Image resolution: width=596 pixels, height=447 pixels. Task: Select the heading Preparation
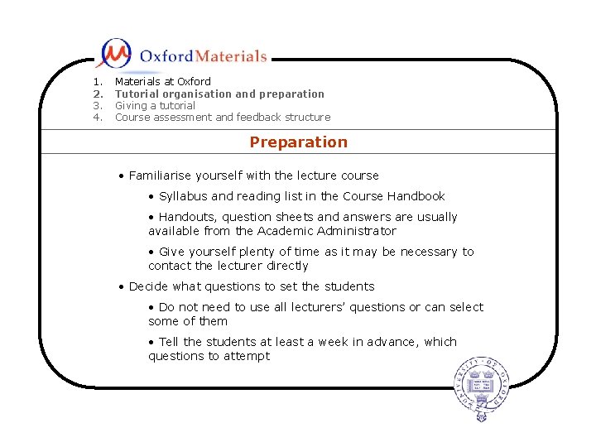point(298,142)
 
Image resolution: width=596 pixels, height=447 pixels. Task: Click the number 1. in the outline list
point(97,82)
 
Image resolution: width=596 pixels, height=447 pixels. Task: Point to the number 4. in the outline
point(97,118)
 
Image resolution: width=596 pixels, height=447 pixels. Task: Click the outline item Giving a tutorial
point(155,106)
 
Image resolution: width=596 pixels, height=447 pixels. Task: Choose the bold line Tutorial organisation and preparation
point(219,94)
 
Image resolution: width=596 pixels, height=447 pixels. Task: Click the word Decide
point(148,286)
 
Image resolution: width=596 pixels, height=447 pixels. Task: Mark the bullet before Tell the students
point(151,342)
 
